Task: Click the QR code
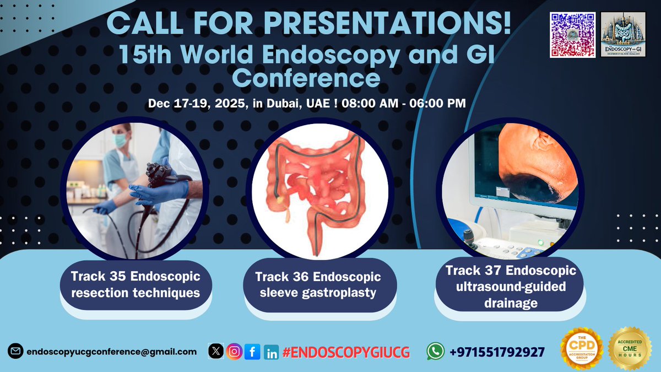click(573, 34)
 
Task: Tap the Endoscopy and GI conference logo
click(624, 34)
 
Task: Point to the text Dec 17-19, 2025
click(195, 104)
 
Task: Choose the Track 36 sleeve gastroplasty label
click(318, 284)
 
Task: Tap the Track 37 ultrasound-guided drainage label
click(511, 287)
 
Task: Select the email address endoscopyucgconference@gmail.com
click(111, 351)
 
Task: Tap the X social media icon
click(217, 352)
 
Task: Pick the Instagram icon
click(235, 352)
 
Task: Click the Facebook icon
click(252, 352)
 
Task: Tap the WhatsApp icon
click(436, 352)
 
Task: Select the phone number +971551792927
click(497, 352)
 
